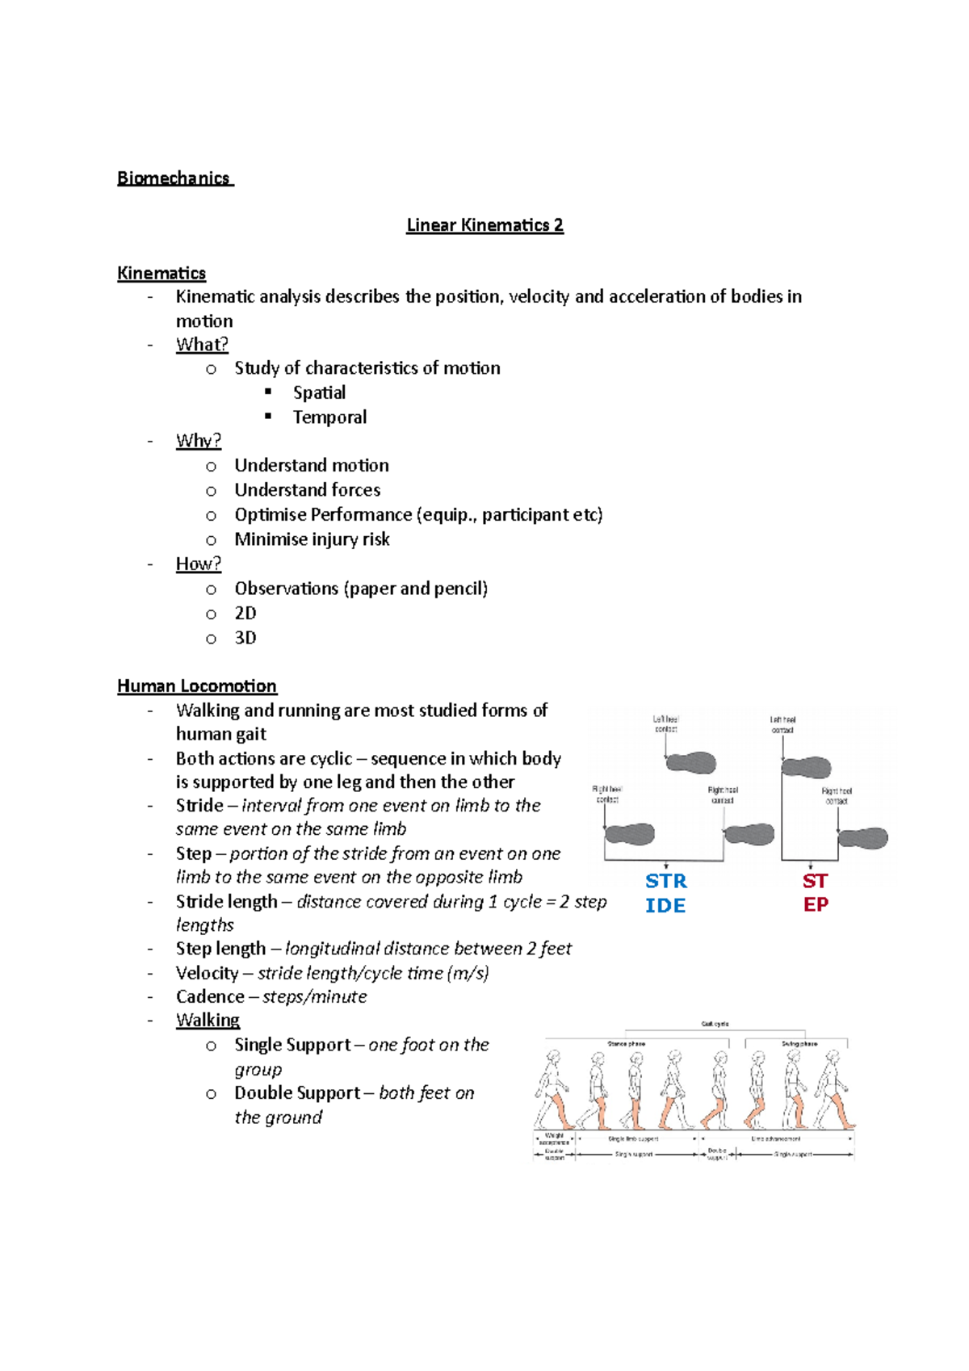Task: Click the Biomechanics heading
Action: pos(174,178)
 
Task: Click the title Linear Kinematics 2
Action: pos(484,225)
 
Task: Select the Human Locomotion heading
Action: pos(196,686)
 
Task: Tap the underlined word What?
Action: pos(202,345)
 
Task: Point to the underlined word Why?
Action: pos(198,441)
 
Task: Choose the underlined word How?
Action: pos(198,564)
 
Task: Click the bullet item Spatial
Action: pos(319,393)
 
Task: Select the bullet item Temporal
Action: pos(329,417)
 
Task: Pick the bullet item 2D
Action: pos(245,614)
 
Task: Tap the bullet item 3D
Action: pos(245,638)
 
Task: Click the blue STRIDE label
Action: pos(665,893)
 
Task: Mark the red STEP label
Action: pos(815,892)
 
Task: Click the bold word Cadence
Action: pos(210,997)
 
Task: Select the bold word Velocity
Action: pos(207,974)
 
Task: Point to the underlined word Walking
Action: pos(208,1021)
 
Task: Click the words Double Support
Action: pos(296,1093)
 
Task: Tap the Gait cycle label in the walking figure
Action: pos(715,1024)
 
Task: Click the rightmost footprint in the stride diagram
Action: pos(862,838)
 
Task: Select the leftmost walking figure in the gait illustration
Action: pos(553,1090)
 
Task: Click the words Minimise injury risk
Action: pos(312,539)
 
